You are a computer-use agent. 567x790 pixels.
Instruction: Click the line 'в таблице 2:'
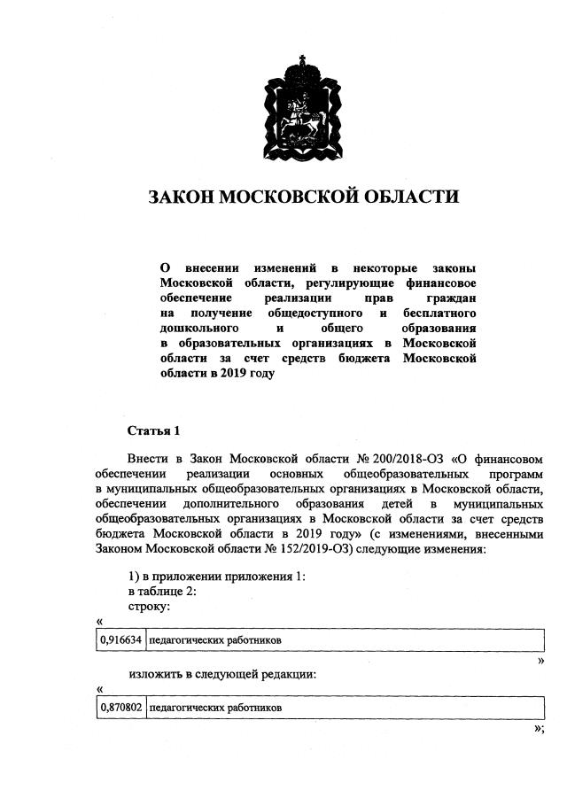(161, 592)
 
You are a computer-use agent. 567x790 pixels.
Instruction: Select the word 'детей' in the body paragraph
(382, 504)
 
